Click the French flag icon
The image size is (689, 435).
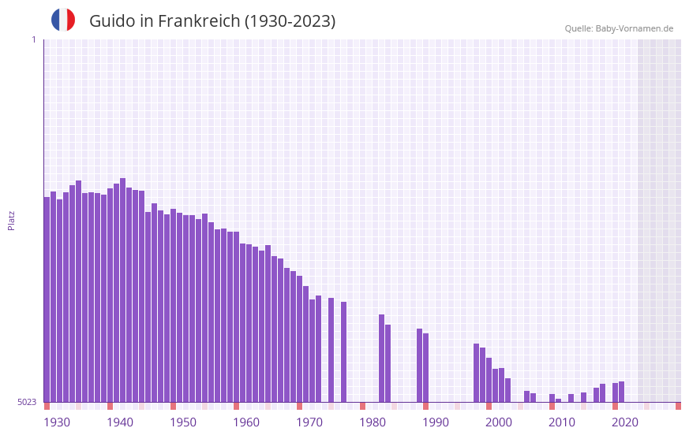click(x=63, y=20)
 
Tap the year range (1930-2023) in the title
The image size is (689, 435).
click(x=290, y=21)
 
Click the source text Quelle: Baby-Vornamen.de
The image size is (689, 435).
click(x=619, y=28)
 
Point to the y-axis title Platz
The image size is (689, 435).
click(x=11, y=220)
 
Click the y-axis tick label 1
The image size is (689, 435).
click(x=33, y=39)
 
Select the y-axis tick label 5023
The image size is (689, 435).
click(x=27, y=402)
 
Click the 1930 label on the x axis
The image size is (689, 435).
click(x=57, y=422)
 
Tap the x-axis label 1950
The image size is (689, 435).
click(x=183, y=422)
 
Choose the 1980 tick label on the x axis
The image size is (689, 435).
click(x=373, y=422)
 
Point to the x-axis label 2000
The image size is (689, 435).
click(x=499, y=422)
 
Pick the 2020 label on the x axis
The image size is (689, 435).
click(x=625, y=422)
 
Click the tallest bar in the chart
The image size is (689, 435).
click(x=122, y=290)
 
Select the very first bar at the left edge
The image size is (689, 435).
click(x=47, y=299)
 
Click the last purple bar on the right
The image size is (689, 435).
click(x=621, y=392)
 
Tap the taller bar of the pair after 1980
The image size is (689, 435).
click(x=381, y=359)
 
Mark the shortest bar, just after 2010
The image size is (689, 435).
click(x=558, y=400)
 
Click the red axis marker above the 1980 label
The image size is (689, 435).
click(x=362, y=406)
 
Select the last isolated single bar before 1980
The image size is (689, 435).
click(x=343, y=351)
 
